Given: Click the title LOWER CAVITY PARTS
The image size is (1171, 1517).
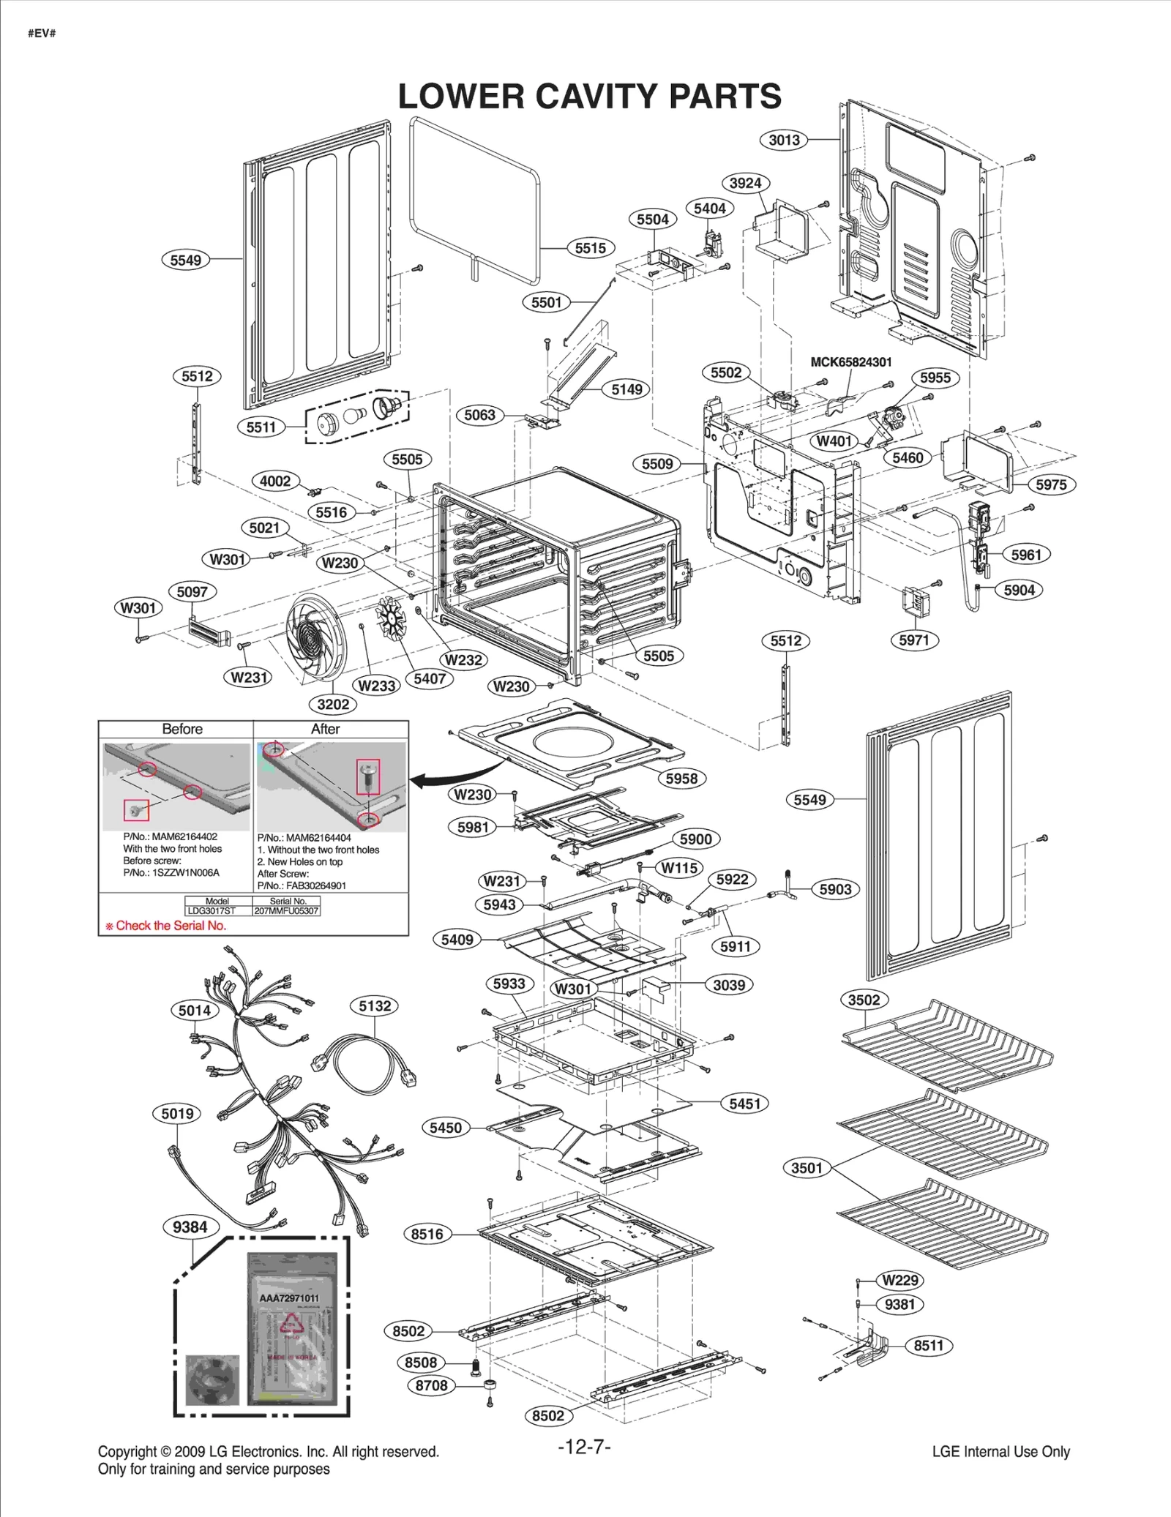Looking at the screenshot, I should [589, 97].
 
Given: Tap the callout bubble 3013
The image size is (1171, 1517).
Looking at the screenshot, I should [784, 140].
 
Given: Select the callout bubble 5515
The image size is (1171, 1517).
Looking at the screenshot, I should [590, 248].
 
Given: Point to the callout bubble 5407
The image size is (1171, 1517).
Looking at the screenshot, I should [430, 678].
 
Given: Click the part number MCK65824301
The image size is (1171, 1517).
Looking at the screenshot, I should [850, 362].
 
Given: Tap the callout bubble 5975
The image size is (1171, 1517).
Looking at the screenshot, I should [1051, 484].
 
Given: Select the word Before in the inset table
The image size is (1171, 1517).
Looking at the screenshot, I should [182, 729].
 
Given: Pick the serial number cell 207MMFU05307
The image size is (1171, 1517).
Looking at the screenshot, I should [287, 910].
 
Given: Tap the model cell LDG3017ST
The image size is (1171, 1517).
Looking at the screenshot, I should [217, 910].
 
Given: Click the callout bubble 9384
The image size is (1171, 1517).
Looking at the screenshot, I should [190, 1227].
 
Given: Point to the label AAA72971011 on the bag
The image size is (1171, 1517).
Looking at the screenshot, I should [289, 1297].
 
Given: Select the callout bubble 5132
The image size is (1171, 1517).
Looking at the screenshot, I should [375, 1006].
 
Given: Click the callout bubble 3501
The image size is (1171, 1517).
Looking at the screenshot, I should [807, 1168].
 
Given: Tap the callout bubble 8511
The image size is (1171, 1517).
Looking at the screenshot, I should [928, 1345].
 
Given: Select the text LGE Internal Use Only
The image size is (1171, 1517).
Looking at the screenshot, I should [1000, 1451].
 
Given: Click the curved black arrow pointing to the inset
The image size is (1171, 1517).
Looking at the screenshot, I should [454, 776].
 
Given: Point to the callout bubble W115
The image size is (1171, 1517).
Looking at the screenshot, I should [680, 868].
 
